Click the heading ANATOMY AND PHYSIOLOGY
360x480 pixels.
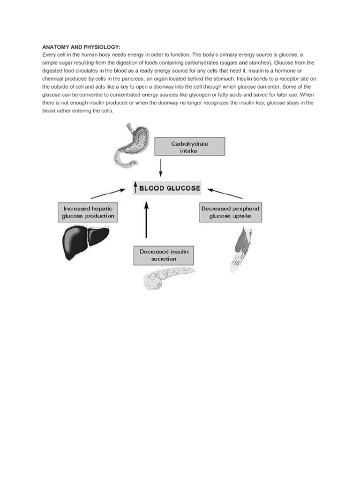coord(82,47)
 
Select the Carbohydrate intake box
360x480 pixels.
coord(190,147)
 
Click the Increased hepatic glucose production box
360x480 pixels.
coord(88,212)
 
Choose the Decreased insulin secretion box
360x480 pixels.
coord(164,255)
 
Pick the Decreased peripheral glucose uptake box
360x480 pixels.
coord(230,212)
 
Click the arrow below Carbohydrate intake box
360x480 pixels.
coord(160,168)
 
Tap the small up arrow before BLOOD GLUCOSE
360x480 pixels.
coord(135,188)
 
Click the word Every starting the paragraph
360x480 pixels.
coord(49,55)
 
